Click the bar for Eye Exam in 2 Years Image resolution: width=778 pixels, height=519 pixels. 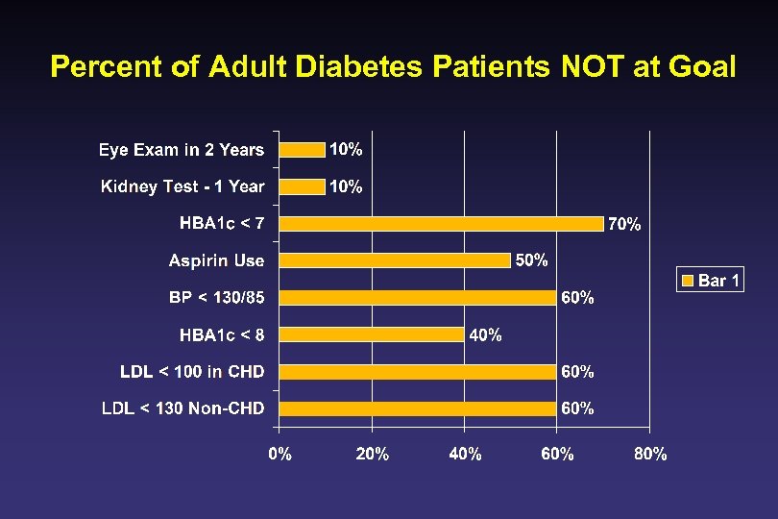point(302,149)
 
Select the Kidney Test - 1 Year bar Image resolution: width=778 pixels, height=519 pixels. point(302,186)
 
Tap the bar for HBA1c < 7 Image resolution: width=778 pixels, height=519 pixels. point(441,223)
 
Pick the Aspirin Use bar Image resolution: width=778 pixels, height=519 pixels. point(395,260)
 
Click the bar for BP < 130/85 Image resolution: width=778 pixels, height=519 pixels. point(418,297)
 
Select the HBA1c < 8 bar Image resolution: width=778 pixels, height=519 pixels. point(372,334)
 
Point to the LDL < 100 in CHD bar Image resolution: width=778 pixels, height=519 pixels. point(418,371)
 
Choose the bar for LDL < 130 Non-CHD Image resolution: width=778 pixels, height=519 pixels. point(418,408)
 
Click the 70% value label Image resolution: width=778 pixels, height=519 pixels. point(624,224)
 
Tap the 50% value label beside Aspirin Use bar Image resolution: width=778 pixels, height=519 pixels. point(532,260)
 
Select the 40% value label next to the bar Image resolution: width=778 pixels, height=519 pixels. point(485,334)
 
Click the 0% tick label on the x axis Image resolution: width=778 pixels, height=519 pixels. point(280,455)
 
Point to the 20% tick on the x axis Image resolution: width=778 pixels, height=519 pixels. point(372,455)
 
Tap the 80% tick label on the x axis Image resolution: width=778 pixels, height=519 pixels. point(650,455)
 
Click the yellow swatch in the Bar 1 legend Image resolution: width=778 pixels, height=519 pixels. point(688,281)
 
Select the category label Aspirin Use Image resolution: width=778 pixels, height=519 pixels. point(216,260)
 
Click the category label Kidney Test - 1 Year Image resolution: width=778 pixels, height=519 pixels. point(182,186)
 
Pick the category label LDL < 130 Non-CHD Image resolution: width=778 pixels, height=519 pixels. point(182,408)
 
